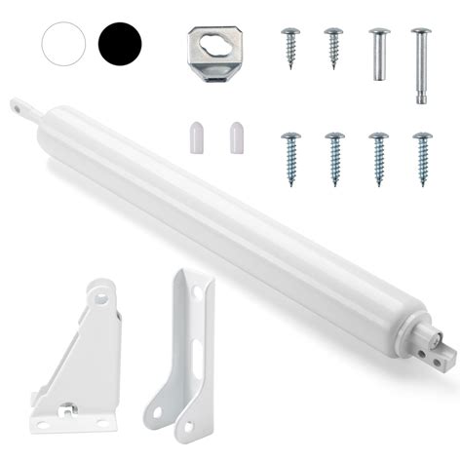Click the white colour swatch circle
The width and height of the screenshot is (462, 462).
[x=64, y=42]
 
